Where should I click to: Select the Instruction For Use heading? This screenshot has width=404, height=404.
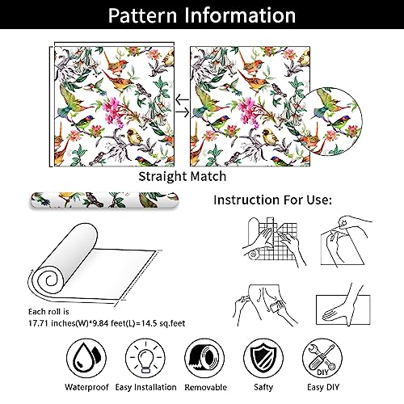click(x=293, y=199)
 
